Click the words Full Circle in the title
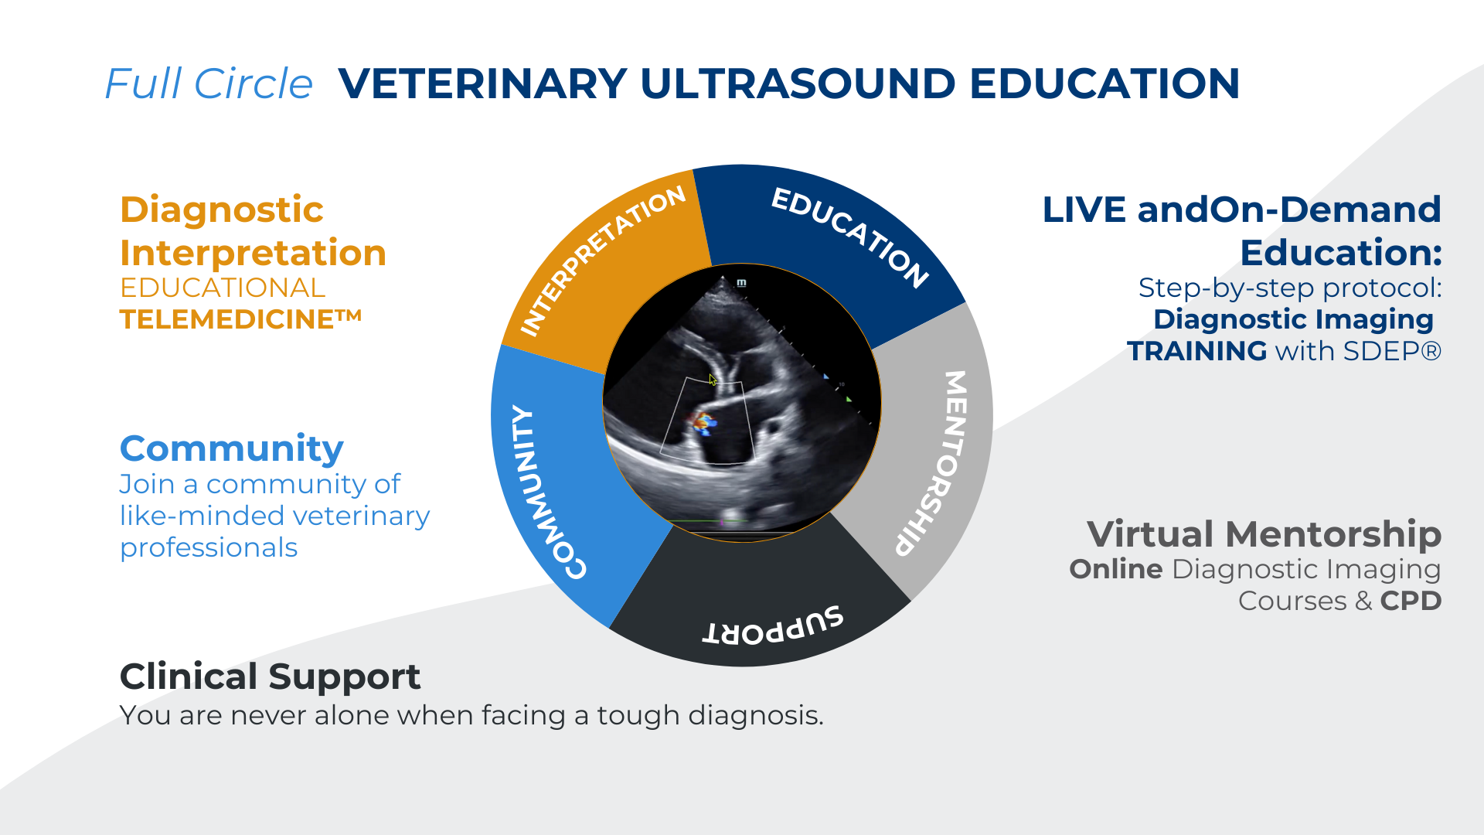[209, 83]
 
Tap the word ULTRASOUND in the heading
[798, 83]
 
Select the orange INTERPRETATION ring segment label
[602, 261]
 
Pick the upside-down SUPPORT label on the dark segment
[773, 626]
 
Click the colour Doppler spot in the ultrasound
[703, 423]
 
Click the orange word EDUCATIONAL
[223, 288]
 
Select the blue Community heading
[232, 448]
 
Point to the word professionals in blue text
[209, 548]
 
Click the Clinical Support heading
[270, 677]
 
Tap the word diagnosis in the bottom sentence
[755, 716]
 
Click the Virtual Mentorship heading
[1264, 534]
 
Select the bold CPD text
[1411, 601]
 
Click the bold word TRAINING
[1197, 351]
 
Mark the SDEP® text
[1393, 351]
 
